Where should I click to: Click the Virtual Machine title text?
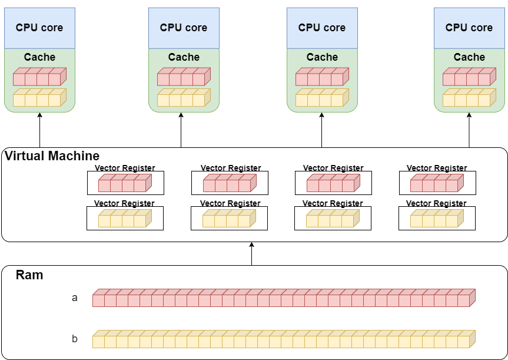(52, 156)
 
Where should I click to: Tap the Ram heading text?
(29, 275)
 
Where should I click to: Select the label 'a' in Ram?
(75, 298)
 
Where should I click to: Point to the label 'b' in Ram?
(75, 339)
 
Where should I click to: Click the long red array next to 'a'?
(283, 298)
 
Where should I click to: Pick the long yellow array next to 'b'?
(283, 339)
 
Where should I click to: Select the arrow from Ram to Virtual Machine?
(251, 253)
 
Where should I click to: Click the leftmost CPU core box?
(39, 28)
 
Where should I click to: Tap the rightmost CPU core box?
(469, 28)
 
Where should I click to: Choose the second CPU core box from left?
(184, 28)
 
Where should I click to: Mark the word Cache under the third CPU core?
(322, 57)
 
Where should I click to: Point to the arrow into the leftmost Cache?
(39, 130)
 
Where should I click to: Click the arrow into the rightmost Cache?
(469, 130)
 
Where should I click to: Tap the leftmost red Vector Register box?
(125, 183)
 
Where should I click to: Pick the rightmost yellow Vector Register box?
(437, 219)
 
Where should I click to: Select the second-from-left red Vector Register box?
(230, 183)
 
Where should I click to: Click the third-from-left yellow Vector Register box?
(333, 219)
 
